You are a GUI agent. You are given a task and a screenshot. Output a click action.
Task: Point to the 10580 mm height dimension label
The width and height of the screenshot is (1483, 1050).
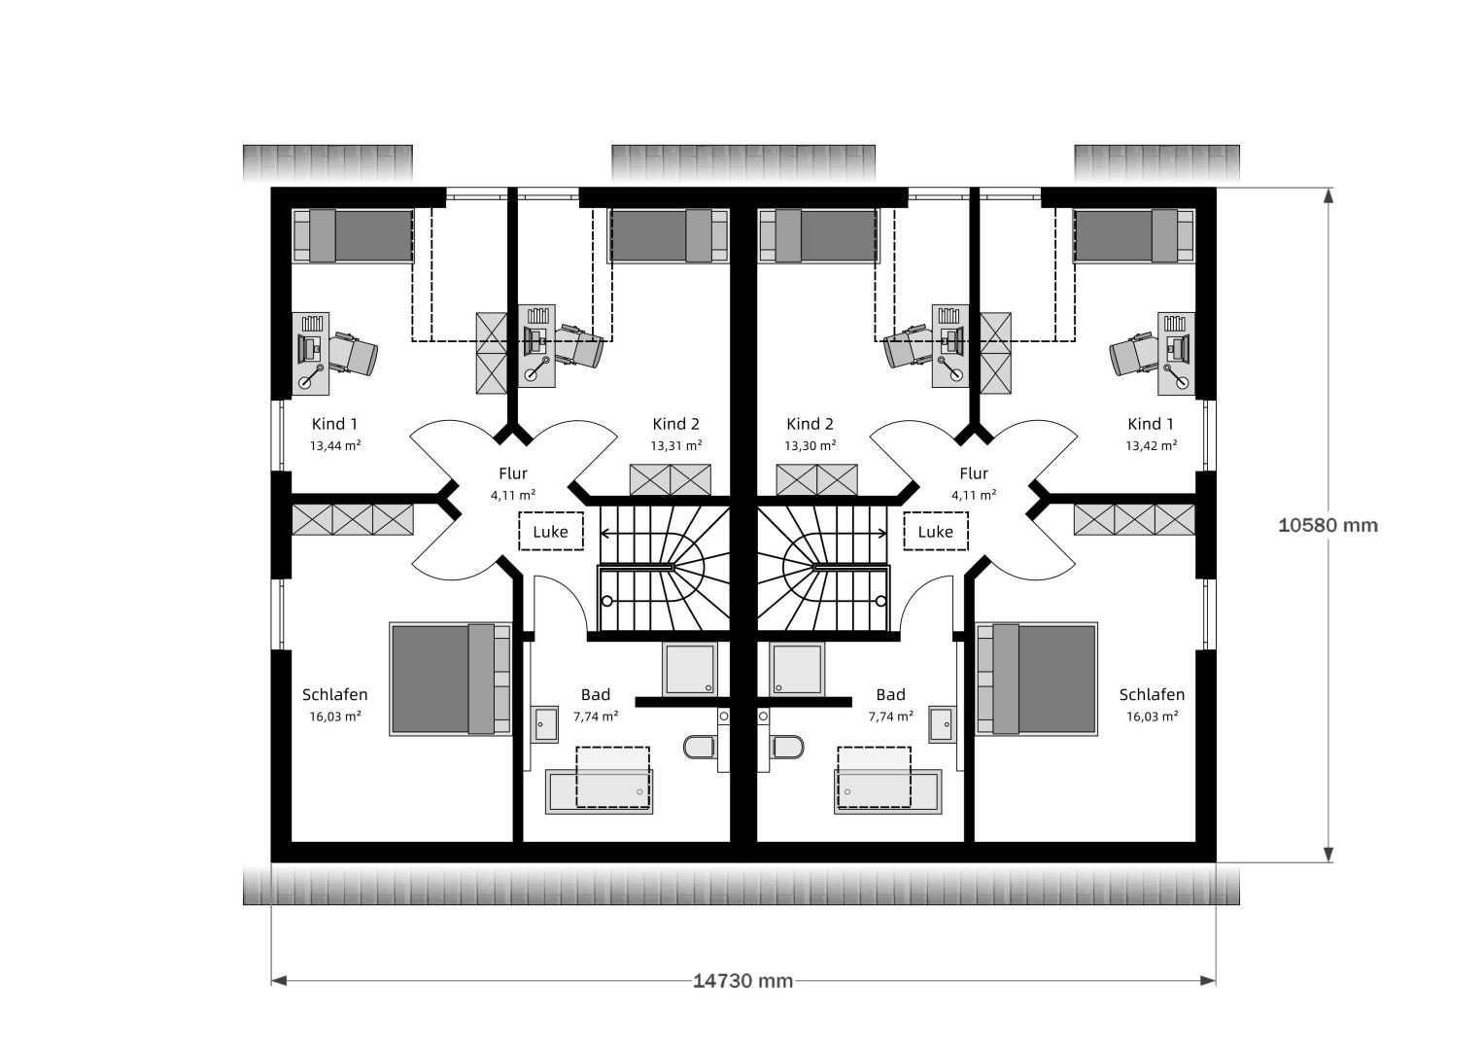click(x=1328, y=525)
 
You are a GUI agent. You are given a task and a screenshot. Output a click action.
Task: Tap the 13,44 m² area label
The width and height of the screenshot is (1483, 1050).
click(x=335, y=445)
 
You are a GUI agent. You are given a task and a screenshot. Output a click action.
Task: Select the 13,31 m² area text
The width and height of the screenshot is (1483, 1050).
click(x=676, y=445)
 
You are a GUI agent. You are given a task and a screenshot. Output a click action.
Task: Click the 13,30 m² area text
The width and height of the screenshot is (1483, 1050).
click(x=810, y=445)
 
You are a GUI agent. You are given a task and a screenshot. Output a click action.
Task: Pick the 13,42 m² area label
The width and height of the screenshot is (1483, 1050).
click(x=1152, y=445)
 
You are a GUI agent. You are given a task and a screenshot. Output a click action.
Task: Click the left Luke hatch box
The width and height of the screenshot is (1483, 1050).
click(x=551, y=531)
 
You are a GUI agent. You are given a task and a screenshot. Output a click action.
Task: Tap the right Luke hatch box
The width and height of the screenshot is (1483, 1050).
click(x=936, y=531)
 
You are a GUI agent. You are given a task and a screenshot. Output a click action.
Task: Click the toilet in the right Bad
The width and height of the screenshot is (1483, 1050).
click(x=787, y=747)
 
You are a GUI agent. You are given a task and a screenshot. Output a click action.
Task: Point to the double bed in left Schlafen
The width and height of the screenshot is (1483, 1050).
click(x=450, y=679)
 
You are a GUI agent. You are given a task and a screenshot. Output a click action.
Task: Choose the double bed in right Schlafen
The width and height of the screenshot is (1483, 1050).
click(x=1037, y=679)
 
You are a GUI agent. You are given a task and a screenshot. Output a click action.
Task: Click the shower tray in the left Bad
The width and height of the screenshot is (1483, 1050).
click(x=690, y=669)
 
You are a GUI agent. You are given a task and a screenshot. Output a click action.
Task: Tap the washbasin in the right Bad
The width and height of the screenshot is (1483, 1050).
click(x=942, y=724)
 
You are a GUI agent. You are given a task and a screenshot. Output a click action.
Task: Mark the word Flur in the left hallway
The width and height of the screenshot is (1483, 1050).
click(x=512, y=473)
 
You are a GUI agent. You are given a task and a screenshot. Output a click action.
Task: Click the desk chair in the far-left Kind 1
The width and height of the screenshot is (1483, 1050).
click(x=353, y=354)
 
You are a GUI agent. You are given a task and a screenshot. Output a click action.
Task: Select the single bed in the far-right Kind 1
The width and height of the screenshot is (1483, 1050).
click(x=1134, y=236)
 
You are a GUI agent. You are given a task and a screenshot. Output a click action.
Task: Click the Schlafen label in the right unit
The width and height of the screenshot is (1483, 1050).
click(x=1152, y=694)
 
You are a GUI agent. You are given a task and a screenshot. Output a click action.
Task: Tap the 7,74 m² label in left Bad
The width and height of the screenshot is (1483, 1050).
click(x=596, y=717)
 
